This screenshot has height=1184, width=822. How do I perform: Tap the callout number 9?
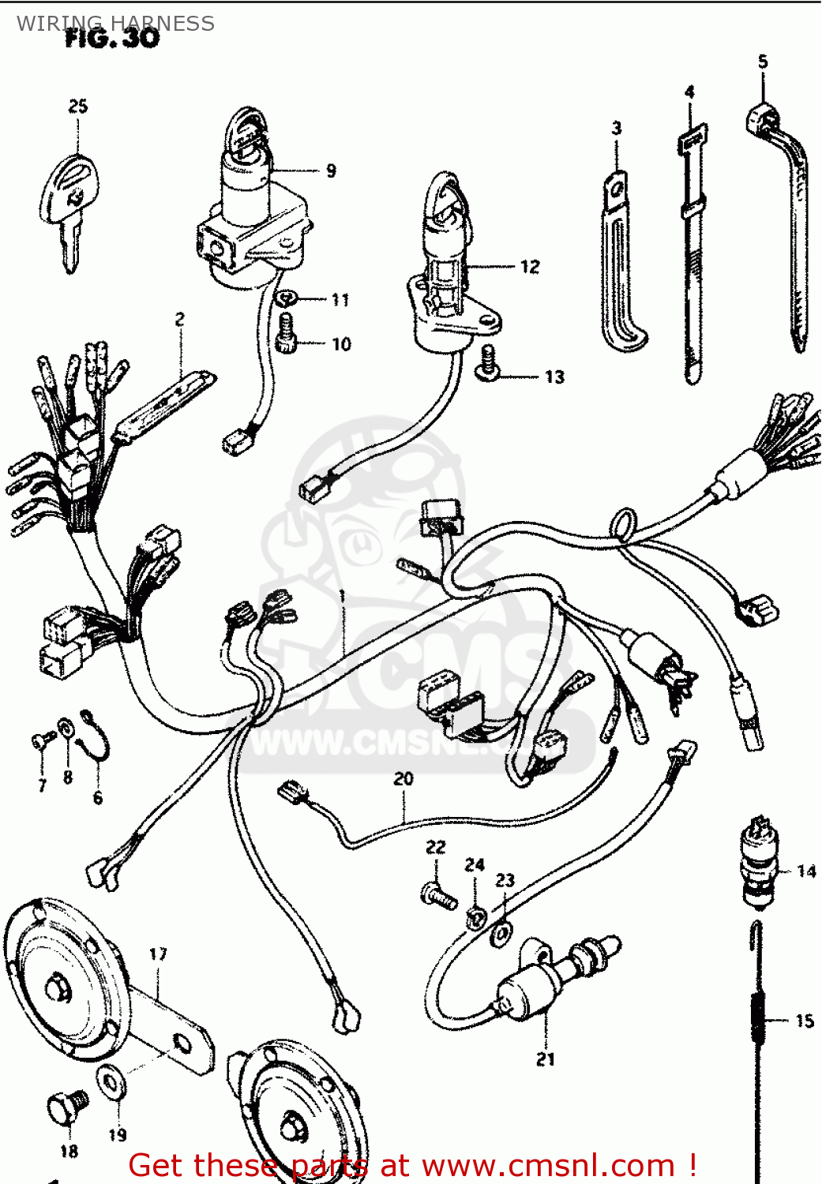tap(331, 170)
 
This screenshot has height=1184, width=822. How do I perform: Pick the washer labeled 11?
tap(285, 298)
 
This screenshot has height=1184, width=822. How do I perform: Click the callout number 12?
tap(530, 267)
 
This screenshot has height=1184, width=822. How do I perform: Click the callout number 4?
tap(689, 92)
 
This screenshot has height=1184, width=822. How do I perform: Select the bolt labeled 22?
tap(438, 896)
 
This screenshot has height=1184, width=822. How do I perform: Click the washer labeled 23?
tap(501, 935)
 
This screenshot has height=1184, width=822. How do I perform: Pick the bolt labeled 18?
tap(67, 1109)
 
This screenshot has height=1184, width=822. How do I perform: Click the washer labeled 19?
tap(111, 1082)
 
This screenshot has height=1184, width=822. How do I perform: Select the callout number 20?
tap(403, 779)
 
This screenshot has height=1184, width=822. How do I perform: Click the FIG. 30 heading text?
tap(112, 38)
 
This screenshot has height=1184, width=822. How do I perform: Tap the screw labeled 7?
tap(42, 740)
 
